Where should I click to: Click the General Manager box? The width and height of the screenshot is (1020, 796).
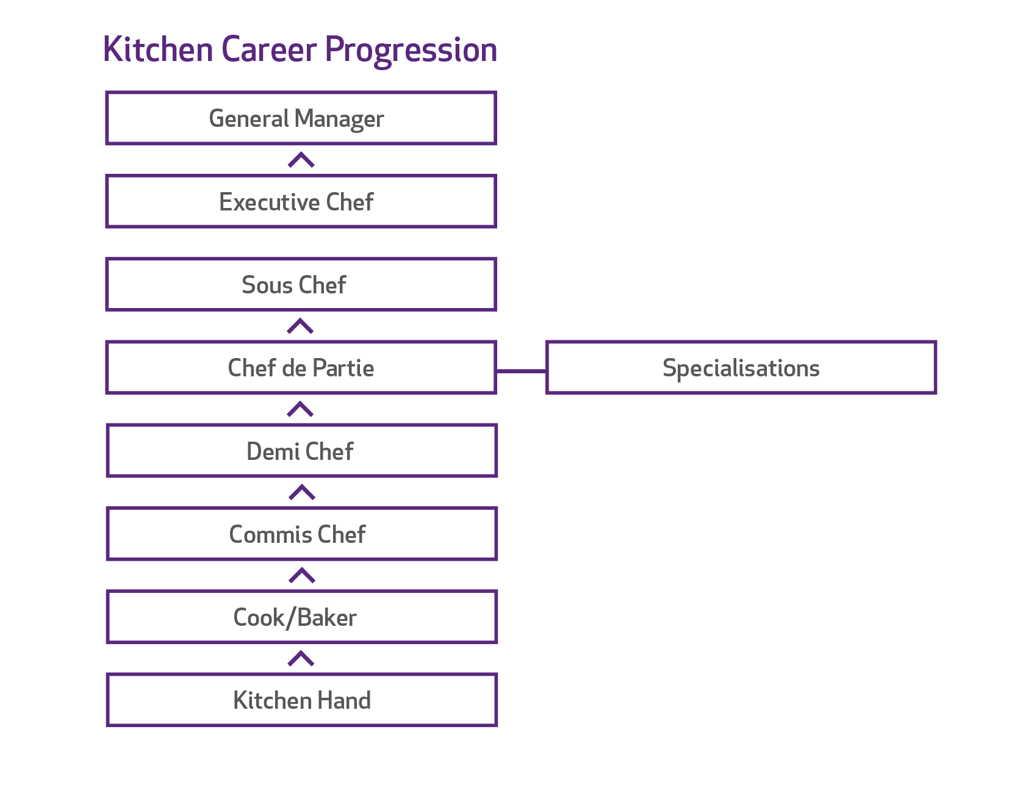coord(301,118)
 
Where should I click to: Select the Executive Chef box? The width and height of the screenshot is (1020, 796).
coord(301,201)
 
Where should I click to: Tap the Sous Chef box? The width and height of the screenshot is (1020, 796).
coord(301,285)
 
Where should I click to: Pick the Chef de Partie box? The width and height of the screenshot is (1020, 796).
coord(301,368)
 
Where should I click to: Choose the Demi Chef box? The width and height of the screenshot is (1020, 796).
coord(301,451)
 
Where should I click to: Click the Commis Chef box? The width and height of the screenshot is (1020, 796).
coord(301,534)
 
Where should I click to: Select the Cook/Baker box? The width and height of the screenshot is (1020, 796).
coord(301,617)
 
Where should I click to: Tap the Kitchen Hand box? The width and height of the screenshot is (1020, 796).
coord(301,700)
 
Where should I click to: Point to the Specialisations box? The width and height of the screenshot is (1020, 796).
coord(741,368)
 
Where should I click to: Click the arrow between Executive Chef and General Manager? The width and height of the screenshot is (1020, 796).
coord(301,160)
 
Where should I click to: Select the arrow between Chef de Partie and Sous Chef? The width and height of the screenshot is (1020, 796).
coord(300,326)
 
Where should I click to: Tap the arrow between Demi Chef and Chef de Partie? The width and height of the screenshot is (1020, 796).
coord(300,410)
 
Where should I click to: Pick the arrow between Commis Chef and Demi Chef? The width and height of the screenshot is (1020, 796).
coord(301,493)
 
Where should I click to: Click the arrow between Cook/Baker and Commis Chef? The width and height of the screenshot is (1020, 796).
coord(301,576)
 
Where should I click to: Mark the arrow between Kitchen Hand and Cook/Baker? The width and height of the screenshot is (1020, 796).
coord(301,659)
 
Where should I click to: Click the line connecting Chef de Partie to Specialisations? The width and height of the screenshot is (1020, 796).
coord(522,370)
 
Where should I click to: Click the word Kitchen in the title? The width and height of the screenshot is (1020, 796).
coord(158,50)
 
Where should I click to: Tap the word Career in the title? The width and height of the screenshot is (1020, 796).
coord(269,50)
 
